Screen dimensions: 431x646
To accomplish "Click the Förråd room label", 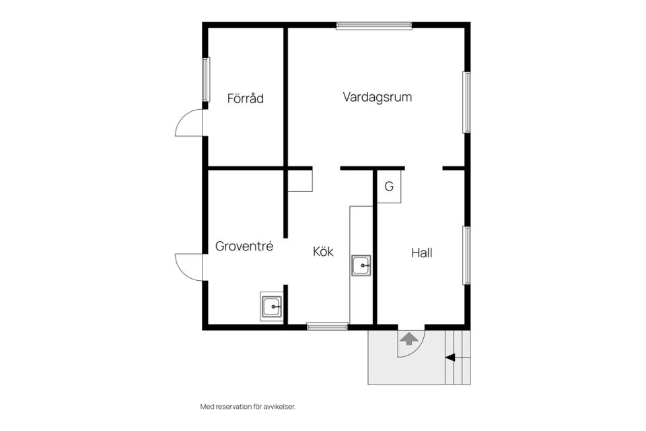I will (x=245, y=98).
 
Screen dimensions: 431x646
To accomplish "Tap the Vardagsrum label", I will (x=377, y=97).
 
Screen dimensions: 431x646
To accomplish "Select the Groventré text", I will (x=244, y=246).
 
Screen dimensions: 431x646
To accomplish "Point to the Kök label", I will (x=323, y=252).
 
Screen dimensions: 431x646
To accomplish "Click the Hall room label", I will (x=421, y=253).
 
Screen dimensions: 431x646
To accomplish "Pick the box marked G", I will (x=389, y=187).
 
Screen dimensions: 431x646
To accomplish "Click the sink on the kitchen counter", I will (x=361, y=265).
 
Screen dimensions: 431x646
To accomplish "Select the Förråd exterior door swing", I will (x=189, y=123).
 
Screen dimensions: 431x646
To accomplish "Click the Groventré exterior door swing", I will (x=189, y=267).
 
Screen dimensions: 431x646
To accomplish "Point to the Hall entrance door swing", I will (x=411, y=341).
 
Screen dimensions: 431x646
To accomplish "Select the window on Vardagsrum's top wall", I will (x=373, y=26).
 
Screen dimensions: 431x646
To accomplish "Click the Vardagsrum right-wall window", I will (x=466, y=102).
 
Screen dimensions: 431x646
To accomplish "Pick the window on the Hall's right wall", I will (x=466, y=255).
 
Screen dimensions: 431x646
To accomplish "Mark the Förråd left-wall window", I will (x=206, y=79).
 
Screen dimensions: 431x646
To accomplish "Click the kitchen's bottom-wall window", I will (x=327, y=327).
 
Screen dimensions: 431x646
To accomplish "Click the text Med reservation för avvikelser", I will (x=248, y=407).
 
